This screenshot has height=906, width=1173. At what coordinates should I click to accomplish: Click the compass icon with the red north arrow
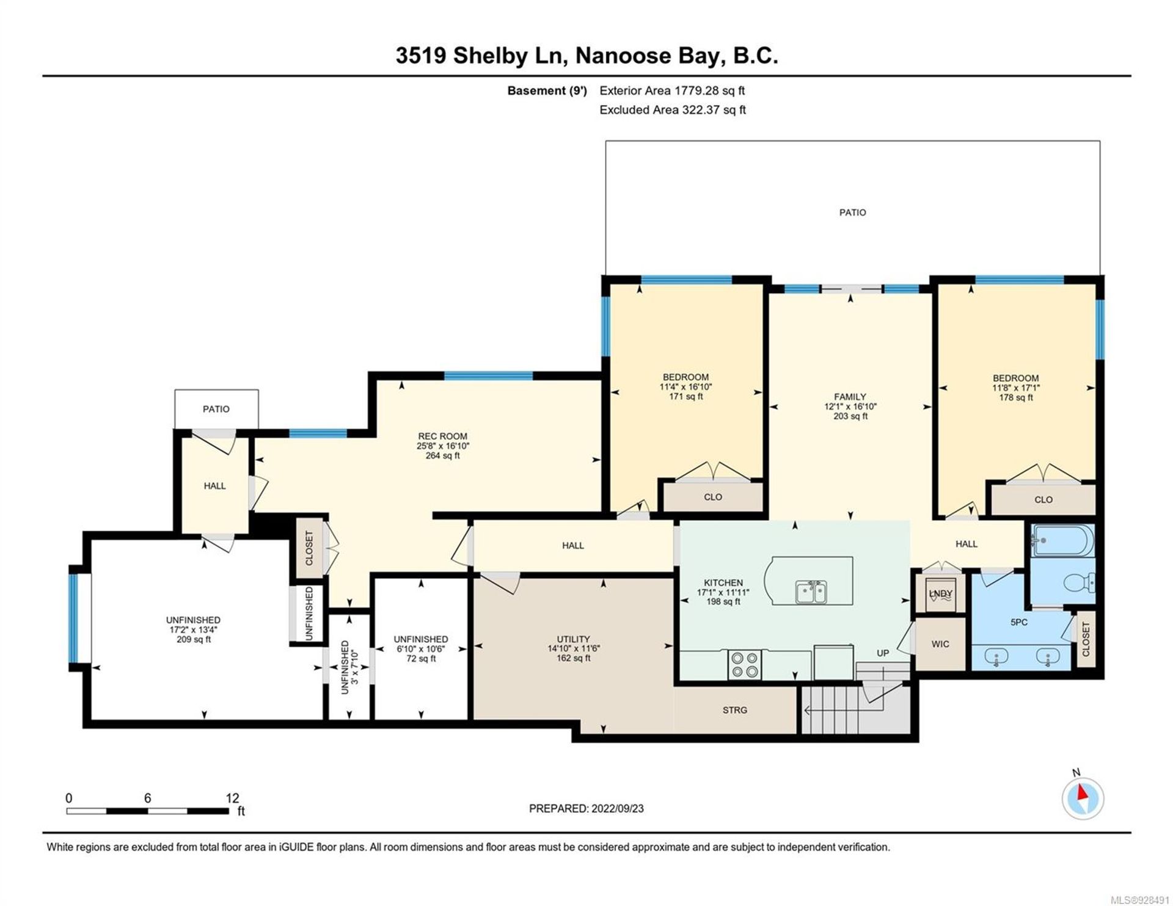[1083, 798]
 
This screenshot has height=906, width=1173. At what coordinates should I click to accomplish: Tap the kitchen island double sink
[812, 591]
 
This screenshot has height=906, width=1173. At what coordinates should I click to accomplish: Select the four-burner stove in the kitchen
[745, 664]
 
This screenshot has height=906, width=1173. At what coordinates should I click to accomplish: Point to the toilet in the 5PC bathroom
[1080, 583]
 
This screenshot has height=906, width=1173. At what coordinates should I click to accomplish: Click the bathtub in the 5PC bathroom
[1063, 540]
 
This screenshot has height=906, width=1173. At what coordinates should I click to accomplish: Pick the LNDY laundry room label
[940, 593]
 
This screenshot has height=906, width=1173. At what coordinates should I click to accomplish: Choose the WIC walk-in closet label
[940, 643]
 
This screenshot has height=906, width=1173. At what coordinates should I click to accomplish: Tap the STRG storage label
[735, 710]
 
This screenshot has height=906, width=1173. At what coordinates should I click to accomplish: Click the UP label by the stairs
[883, 653]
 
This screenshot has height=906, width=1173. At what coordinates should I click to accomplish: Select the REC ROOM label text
[442, 436]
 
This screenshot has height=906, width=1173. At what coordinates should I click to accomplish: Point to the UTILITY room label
[573, 639]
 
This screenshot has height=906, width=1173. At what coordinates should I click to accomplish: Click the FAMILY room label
[850, 396]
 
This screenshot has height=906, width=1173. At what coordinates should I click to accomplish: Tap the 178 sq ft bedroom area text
[1016, 397]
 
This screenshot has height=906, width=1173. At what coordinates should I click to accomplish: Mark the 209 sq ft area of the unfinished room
[194, 639]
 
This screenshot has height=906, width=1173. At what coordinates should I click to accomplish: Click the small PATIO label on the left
[216, 409]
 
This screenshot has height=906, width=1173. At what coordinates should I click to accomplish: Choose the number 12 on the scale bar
[232, 798]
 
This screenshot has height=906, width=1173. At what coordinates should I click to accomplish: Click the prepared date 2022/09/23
[618, 808]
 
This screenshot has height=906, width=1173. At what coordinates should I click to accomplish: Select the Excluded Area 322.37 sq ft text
[673, 110]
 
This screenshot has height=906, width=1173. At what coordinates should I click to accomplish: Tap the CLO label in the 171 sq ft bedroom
[713, 497]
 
